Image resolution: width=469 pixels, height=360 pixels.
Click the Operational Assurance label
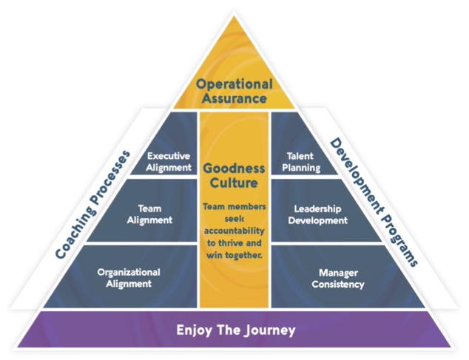point(234,89)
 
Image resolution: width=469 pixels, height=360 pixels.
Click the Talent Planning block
point(303,161)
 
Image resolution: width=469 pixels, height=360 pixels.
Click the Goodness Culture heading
point(234,174)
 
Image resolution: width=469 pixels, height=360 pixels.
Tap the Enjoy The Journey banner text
point(235,330)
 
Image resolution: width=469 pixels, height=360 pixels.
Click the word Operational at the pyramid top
point(234,83)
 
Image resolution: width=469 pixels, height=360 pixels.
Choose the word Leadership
point(316,208)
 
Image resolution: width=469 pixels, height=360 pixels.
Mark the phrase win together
point(234,256)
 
